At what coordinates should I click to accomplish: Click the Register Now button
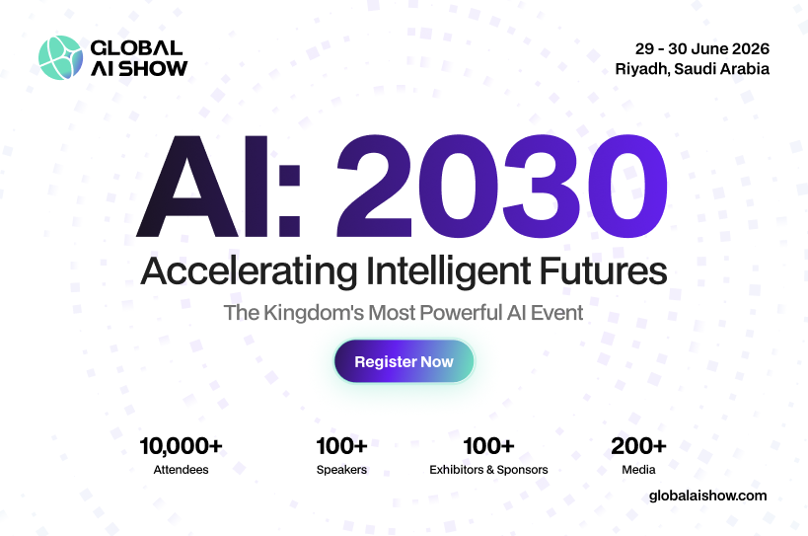404,361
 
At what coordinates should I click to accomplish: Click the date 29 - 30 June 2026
701,48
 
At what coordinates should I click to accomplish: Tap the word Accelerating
247,270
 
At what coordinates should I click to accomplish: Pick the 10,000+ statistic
181,446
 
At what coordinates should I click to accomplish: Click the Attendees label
181,470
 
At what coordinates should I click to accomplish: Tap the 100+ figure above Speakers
341,446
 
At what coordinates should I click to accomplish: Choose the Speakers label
341,470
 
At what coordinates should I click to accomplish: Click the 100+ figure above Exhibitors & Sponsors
488,446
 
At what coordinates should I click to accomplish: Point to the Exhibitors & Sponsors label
488,470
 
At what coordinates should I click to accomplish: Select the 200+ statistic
638,446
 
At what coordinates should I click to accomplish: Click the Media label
638,470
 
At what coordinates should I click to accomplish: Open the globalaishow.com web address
708,496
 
